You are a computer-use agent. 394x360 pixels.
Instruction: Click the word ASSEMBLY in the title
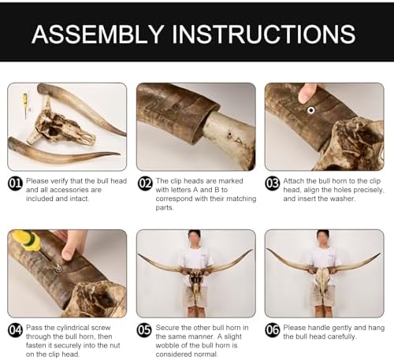click(98, 34)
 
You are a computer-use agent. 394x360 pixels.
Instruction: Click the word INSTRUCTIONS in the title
click(263, 34)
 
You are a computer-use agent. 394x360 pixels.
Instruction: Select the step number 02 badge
click(145, 184)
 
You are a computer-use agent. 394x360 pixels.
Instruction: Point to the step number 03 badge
click(273, 184)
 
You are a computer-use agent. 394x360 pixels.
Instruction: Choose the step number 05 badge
click(145, 330)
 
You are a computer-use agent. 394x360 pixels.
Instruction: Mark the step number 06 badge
click(273, 330)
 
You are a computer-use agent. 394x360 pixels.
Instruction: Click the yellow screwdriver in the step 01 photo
click(26, 106)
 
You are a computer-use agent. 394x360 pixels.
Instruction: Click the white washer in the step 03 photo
click(311, 110)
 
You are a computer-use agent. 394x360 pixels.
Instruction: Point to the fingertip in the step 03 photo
click(305, 94)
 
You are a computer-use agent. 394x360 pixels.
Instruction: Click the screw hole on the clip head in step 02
click(230, 135)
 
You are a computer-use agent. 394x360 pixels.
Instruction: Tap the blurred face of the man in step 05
click(195, 239)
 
